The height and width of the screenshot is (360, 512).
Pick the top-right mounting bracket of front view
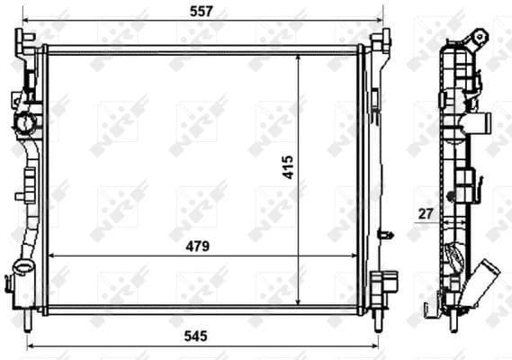(381, 40)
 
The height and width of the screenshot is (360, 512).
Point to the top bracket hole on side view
(480, 37)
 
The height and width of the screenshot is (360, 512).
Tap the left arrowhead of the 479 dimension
(50, 256)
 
